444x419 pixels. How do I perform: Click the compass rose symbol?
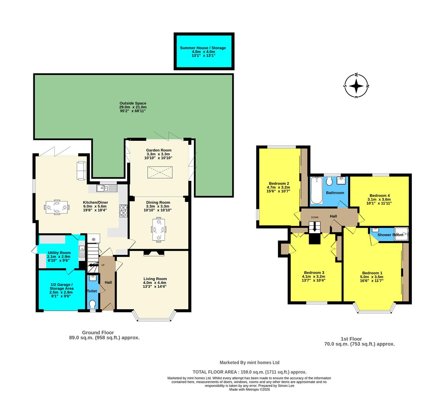(x=356, y=86)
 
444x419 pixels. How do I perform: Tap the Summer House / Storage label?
(x=203, y=48)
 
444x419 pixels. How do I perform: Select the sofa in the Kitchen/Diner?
(x=82, y=171)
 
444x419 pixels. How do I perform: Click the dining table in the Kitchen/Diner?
(x=57, y=207)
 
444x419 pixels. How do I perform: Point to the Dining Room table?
(x=159, y=229)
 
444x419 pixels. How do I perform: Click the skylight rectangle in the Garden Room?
(x=159, y=172)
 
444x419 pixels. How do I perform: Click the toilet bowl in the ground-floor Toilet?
(x=92, y=304)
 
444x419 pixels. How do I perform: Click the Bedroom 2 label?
(x=279, y=184)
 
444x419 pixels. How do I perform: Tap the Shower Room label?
(x=390, y=235)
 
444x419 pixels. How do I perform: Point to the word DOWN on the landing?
(x=314, y=217)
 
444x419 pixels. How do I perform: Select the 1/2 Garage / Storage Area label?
(x=61, y=286)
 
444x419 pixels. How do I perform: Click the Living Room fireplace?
(x=154, y=253)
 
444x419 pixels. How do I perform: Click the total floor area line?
(x=249, y=372)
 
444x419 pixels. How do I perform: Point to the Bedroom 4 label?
(x=380, y=196)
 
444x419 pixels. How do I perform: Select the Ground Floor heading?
(x=98, y=332)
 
